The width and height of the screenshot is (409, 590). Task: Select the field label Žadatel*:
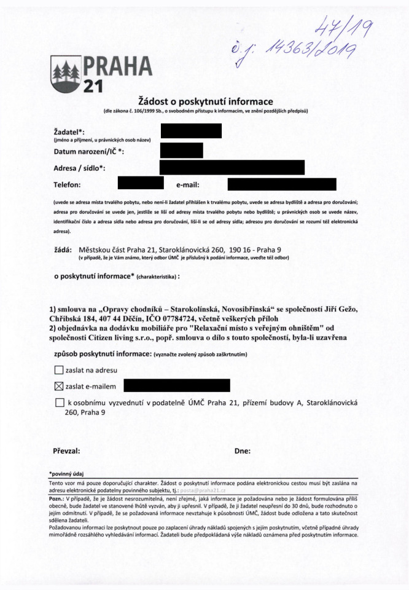click(69, 132)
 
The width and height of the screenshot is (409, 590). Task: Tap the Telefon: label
click(68, 184)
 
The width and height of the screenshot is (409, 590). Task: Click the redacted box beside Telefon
click(140, 183)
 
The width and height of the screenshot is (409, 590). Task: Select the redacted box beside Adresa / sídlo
click(232, 167)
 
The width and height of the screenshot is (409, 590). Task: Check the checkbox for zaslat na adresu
click(59, 370)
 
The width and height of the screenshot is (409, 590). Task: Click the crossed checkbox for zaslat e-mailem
click(59, 387)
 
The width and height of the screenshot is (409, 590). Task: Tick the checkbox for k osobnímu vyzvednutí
click(59, 403)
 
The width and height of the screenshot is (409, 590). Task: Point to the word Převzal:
click(67, 450)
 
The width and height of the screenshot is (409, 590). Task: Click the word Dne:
click(243, 450)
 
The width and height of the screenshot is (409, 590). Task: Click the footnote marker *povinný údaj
click(65, 474)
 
